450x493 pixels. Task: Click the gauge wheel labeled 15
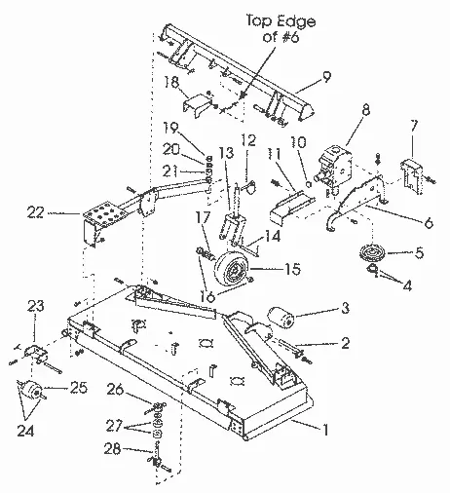click(232, 269)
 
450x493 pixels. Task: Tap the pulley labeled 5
click(372, 251)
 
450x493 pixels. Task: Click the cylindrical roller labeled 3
click(281, 317)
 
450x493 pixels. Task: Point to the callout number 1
click(324, 430)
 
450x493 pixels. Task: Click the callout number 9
click(326, 76)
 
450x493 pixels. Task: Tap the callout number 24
click(25, 432)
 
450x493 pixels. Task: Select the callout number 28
click(112, 449)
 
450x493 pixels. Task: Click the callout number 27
click(114, 426)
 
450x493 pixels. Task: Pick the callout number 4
click(407, 285)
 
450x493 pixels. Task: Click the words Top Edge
click(281, 20)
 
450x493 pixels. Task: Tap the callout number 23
click(35, 306)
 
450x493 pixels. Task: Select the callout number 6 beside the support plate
click(429, 223)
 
